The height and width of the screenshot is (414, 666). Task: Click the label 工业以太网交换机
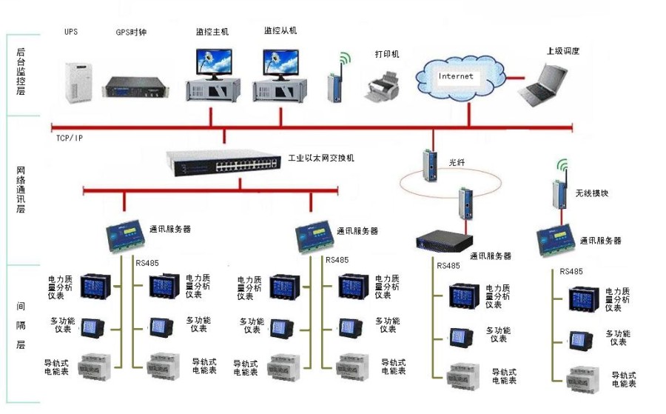point(320,158)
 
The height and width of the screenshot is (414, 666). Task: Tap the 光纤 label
point(456,160)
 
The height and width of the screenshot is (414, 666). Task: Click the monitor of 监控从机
point(281,64)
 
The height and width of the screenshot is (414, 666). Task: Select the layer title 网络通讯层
point(21,189)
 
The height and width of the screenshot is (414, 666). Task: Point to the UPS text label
point(71,32)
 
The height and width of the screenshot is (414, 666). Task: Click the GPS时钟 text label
point(131,33)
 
